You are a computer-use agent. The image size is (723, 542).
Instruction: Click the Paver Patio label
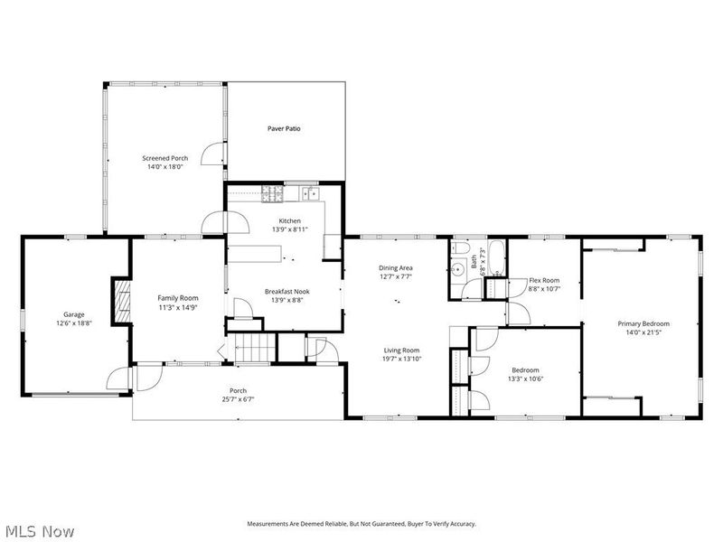pos(284,129)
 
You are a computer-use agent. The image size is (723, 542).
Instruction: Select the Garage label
pos(74,314)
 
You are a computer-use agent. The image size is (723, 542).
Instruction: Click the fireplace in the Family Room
pos(119,299)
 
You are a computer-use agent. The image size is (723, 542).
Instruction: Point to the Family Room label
pos(177,298)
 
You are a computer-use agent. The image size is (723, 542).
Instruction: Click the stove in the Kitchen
pos(273,192)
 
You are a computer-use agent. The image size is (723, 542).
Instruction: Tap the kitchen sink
pos(310,192)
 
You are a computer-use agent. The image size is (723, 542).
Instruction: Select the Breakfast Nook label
pos(284,291)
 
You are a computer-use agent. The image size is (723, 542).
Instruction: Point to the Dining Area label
pos(396,268)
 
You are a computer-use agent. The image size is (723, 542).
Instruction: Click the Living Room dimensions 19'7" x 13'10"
pos(402,360)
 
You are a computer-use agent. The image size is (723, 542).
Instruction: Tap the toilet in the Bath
pos(458,249)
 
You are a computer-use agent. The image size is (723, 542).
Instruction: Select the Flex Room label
pos(544,280)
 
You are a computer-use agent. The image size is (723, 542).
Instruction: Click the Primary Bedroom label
pos(643,323)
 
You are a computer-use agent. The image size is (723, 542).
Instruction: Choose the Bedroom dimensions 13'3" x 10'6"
pos(525,379)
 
